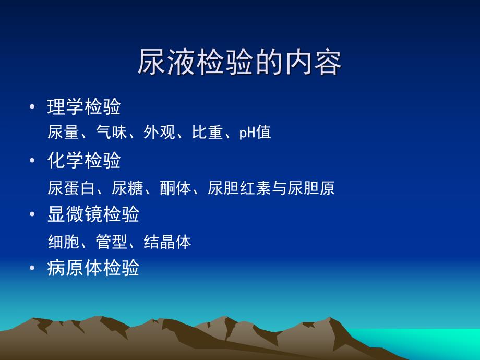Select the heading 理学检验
coord(84,107)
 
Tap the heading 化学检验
coord(84,161)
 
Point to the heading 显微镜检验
coord(93,214)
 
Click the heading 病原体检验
coord(93,268)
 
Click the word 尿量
coord(63,133)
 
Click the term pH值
coord(255,133)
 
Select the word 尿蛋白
coord(71,188)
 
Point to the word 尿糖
coord(127,188)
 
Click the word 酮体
coord(176,188)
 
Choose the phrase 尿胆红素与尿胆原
coord(271,188)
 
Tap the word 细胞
coord(63,242)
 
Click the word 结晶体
coord(167,242)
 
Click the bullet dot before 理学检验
coord(33,107)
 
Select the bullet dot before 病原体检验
coord(33,269)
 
